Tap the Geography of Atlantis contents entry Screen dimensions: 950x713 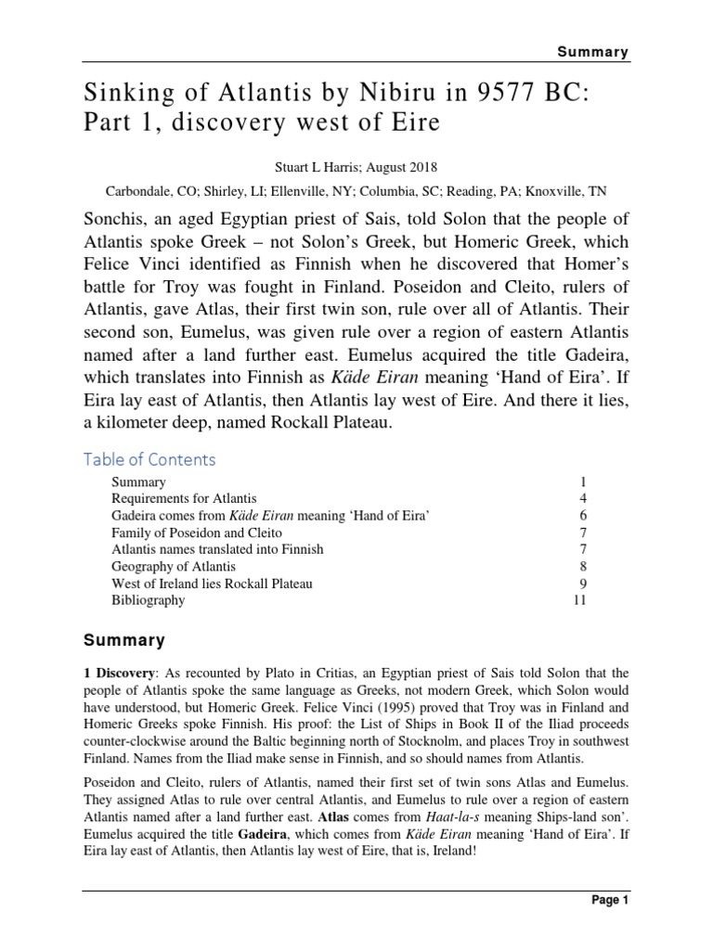pyautogui.click(x=174, y=566)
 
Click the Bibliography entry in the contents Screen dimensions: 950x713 pyautogui.click(x=148, y=600)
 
